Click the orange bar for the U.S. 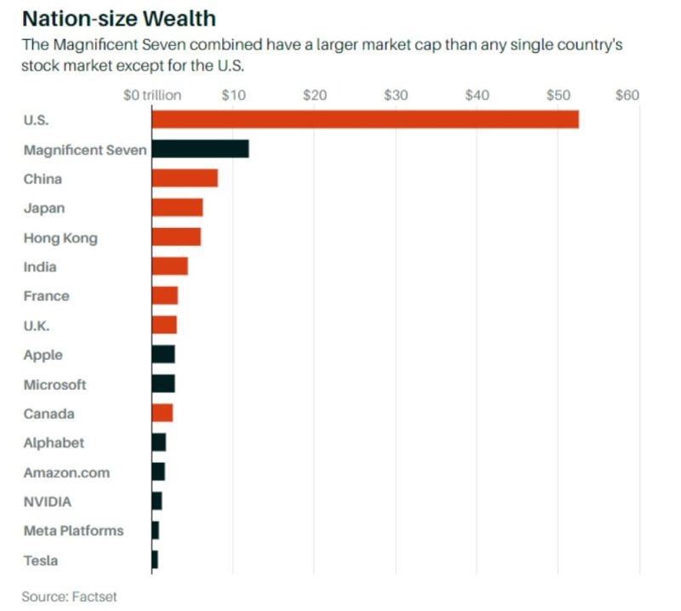(x=365, y=119)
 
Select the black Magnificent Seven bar (x=200, y=149)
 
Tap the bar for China (x=185, y=178)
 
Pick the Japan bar (x=177, y=208)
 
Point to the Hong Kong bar (x=176, y=237)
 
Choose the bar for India (x=169, y=266)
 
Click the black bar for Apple (x=163, y=355)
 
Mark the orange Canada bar (x=163, y=413)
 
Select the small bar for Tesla (x=155, y=560)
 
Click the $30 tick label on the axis (x=396, y=95)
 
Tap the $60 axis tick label (x=627, y=95)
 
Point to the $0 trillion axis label (x=152, y=95)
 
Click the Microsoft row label (x=54, y=385)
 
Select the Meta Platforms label (x=73, y=531)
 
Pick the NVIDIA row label (x=47, y=501)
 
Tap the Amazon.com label (x=66, y=472)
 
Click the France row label (x=46, y=296)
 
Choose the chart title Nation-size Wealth (x=119, y=18)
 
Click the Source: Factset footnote (x=69, y=597)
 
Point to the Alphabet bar (x=159, y=443)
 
